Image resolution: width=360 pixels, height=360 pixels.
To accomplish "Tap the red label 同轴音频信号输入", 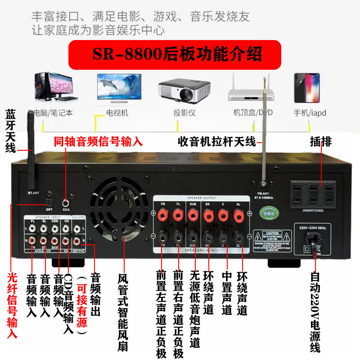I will click(x=98, y=142).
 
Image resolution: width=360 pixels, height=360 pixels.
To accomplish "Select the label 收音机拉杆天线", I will click(x=216, y=142).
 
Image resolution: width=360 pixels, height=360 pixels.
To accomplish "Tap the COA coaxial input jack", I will click(x=67, y=203).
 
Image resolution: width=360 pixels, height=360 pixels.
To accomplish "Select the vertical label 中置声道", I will click(x=227, y=292).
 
